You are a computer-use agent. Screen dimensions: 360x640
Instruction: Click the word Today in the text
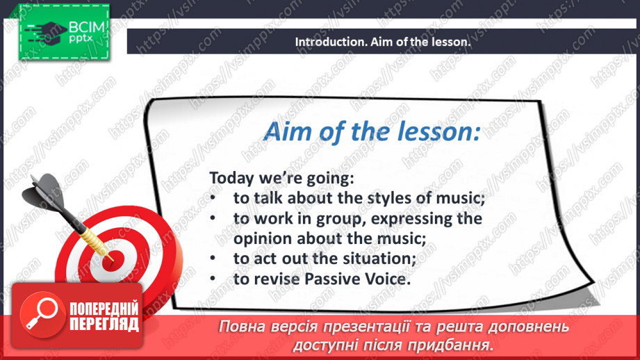click(x=230, y=178)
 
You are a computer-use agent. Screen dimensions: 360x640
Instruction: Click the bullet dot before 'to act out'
click(x=216, y=258)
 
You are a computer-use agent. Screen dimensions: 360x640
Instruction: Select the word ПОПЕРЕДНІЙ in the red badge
click(x=104, y=309)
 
